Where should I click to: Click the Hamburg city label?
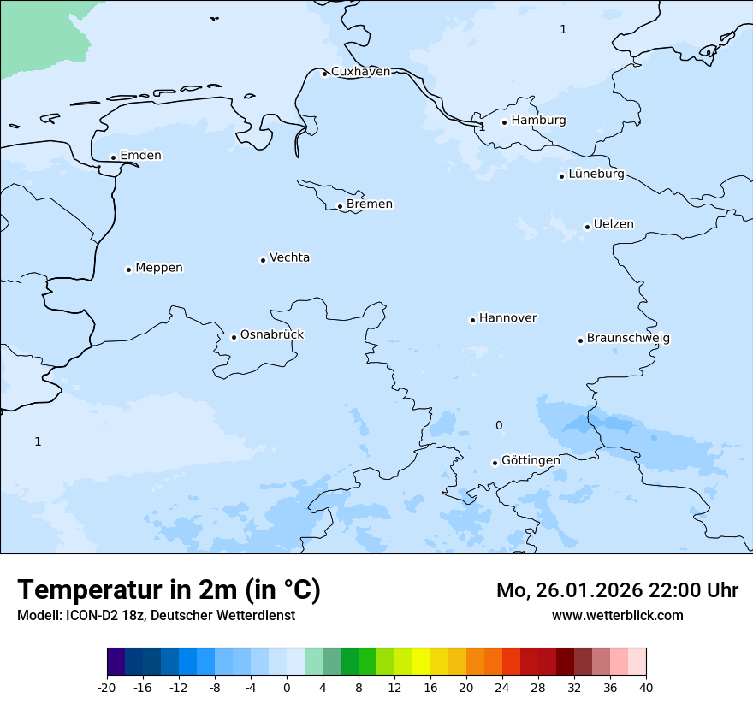click(538, 121)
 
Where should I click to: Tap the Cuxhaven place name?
click(360, 72)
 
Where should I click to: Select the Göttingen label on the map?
click(531, 460)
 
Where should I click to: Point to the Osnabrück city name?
click(272, 334)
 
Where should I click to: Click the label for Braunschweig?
click(628, 338)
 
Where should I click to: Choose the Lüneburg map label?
click(596, 174)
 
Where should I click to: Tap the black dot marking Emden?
click(113, 157)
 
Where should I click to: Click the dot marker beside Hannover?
click(472, 320)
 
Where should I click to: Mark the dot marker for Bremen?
click(340, 206)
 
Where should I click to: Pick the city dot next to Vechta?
click(263, 260)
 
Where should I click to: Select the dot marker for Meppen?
click(128, 269)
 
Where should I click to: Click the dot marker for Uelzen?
click(587, 227)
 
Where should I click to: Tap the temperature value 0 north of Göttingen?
click(499, 425)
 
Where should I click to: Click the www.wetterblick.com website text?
click(617, 615)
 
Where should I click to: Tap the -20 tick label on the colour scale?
click(107, 687)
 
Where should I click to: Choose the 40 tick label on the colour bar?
click(646, 687)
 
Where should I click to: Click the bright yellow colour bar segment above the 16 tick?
click(421, 662)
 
